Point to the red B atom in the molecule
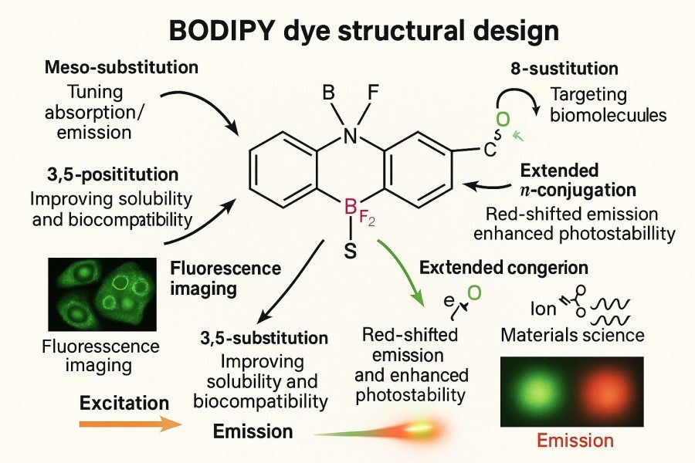point(349,207)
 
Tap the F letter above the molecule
point(374,95)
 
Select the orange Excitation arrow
point(131,424)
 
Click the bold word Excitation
point(124,403)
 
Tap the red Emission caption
point(575,441)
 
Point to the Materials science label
point(571,336)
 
